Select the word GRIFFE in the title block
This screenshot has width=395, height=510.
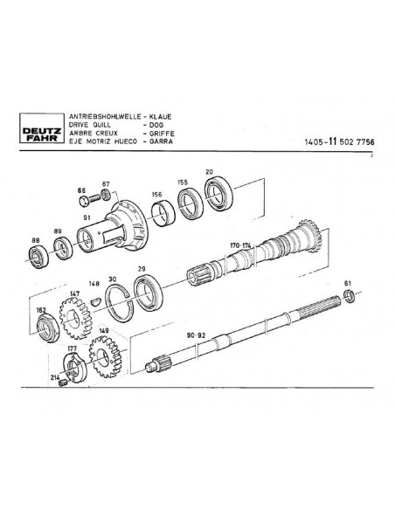point(164,134)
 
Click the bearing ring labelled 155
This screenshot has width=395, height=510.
point(189,203)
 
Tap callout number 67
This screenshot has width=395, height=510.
point(107,183)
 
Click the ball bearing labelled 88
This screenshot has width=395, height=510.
point(38,257)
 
